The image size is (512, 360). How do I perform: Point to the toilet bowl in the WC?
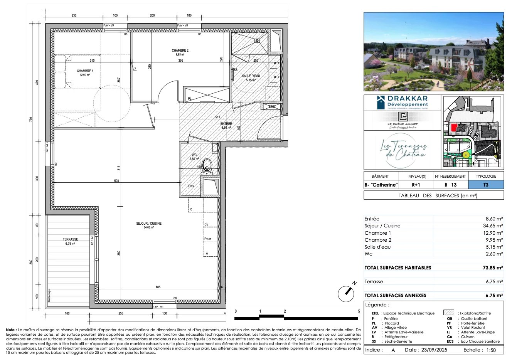tap(207, 165)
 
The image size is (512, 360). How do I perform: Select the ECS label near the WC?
tap(191, 186)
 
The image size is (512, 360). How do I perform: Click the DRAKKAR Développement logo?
tap(403, 102)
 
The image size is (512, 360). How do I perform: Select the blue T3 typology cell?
tap(486, 185)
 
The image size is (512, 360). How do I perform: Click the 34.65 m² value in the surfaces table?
tap(494, 226)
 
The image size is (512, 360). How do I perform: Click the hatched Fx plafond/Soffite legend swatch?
tap(449, 313)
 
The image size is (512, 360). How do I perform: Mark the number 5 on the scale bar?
tap(359, 311)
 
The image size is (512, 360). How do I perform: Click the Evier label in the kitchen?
tap(208, 239)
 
